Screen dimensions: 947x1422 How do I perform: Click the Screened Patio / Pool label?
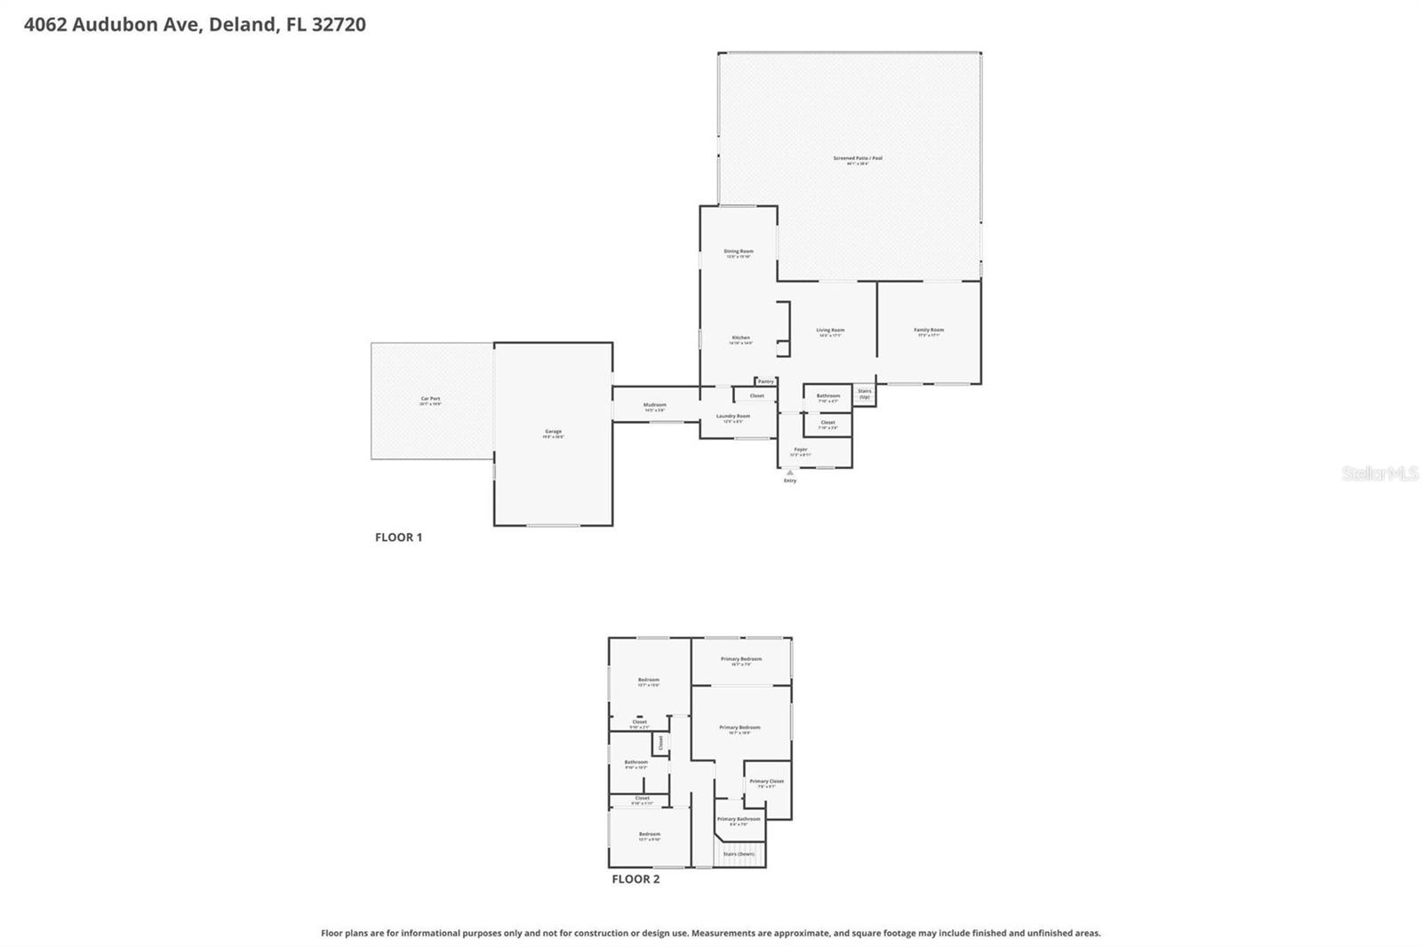click(x=858, y=158)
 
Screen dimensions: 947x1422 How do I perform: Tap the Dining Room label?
click(x=738, y=251)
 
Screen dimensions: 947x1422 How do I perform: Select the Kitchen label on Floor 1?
click(x=740, y=338)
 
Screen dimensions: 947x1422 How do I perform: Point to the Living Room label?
click(x=830, y=330)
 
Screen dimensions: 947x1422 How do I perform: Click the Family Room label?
click(x=929, y=330)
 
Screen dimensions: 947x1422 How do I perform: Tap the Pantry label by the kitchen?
click(x=765, y=381)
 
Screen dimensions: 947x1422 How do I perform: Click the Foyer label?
click(x=801, y=450)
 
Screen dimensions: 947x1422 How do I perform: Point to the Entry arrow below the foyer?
click(x=789, y=473)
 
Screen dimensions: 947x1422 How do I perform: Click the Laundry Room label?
click(x=733, y=416)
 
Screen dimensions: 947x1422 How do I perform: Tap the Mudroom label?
click(x=655, y=405)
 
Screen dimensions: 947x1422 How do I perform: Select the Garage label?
click(x=553, y=432)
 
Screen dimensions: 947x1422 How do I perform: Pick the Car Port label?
click(x=430, y=399)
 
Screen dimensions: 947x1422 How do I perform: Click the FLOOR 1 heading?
click(x=398, y=537)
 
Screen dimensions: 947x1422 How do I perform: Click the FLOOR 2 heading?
click(x=635, y=879)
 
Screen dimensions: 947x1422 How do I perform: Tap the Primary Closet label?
click(x=766, y=782)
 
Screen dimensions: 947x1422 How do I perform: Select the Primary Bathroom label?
click(x=739, y=819)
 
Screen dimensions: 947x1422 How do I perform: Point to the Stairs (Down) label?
click(x=739, y=854)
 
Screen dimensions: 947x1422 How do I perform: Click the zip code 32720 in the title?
click(x=337, y=24)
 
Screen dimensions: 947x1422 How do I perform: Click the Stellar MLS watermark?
click(x=1379, y=473)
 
